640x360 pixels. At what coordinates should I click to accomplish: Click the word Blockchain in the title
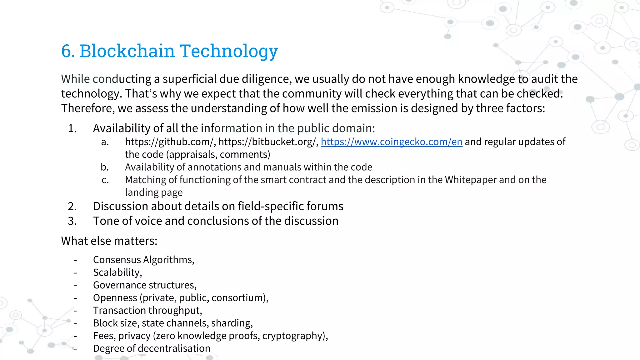[127, 51]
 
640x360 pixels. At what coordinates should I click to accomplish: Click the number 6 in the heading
[67, 51]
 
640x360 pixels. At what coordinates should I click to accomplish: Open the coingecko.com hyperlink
[391, 142]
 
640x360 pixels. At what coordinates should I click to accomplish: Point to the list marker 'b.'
[105, 167]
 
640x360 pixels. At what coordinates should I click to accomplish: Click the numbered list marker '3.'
[72, 221]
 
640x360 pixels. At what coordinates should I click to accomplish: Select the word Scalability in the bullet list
[116, 272]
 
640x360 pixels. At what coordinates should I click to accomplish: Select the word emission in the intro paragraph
[354, 108]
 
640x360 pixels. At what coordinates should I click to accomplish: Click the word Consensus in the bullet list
[117, 260]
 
